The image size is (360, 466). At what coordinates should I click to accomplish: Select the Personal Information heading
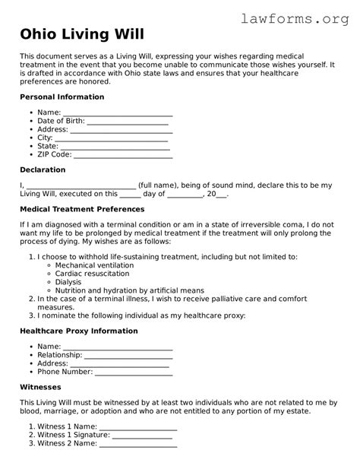click(x=62, y=97)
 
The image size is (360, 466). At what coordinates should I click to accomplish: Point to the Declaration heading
click(x=43, y=170)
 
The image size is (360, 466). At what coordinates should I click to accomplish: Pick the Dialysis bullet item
click(x=71, y=281)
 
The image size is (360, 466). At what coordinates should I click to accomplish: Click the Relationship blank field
click(x=128, y=354)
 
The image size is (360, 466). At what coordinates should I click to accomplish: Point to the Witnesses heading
click(x=40, y=387)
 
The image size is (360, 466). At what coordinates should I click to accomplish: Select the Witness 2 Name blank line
click(x=137, y=443)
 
